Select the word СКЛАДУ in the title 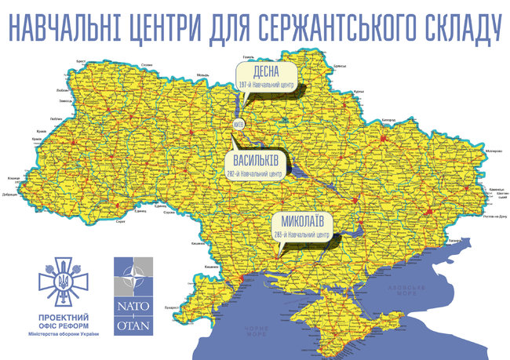[x=456, y=27]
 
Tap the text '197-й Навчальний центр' [x=270, y=83]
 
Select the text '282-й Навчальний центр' [x=256, y=171]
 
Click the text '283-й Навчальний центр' [x=301, y=234]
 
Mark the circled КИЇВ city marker [x=239, y=124]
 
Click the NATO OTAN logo [x=133, y=296]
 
